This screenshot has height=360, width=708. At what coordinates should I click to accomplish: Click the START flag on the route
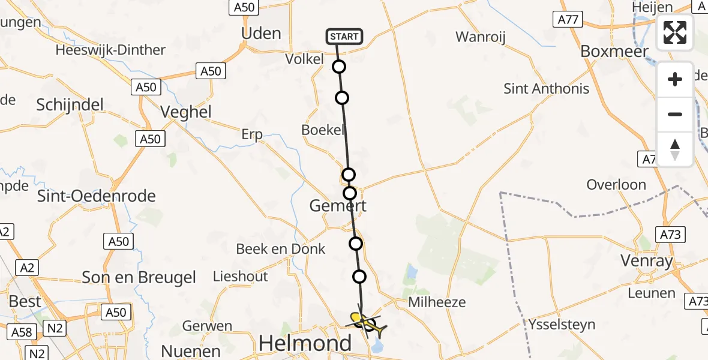[344, 37]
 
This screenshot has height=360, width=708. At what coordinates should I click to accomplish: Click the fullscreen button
[675, 32]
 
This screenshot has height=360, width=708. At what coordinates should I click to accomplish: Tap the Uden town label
[260, 33]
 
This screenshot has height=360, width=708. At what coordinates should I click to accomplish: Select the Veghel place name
[186, 112]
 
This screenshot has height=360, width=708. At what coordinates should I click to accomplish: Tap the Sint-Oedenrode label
[97, 196]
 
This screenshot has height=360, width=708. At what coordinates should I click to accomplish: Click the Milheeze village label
[436, 302]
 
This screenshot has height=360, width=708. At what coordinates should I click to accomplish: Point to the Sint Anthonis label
[546, 89]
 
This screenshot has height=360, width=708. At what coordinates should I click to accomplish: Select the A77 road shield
[568, 20]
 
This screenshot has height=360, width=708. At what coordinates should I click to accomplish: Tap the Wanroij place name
[481, 37]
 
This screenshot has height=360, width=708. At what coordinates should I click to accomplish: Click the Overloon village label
[616, 185]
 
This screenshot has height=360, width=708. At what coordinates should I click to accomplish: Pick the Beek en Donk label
[281, 248]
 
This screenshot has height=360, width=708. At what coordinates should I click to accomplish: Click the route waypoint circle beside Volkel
[339, 67]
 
